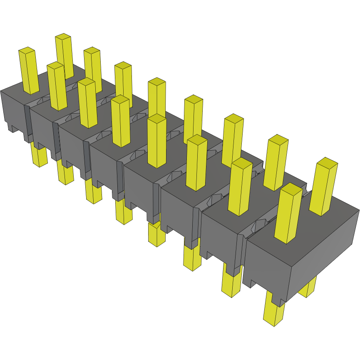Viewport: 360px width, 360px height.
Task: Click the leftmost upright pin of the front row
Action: point(29,71)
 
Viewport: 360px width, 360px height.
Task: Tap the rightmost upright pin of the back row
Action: point(324,187)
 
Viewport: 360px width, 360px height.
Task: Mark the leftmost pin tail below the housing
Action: point(39,156)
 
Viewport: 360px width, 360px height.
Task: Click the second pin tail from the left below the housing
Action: point(65,173)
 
